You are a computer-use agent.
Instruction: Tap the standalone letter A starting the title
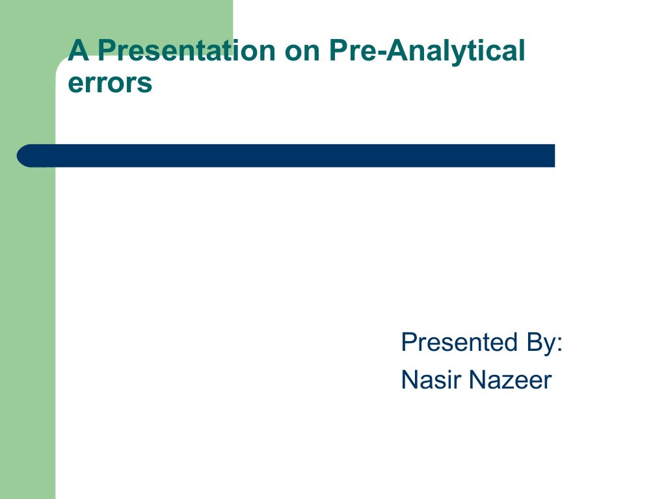(78, 51)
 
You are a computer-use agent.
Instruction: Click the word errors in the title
(110, 84)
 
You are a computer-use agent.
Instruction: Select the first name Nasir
(430, 380)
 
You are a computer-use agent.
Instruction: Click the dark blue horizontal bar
(286, 156)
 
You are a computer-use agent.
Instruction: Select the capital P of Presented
(408, 342)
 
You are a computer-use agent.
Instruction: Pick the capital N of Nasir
(410, 380)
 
